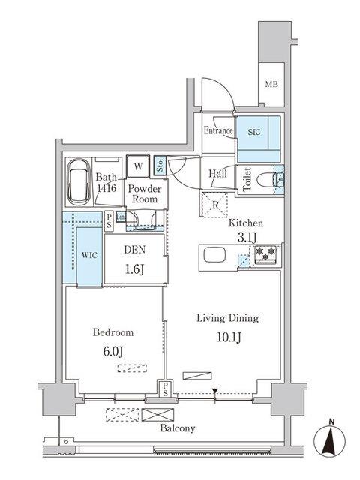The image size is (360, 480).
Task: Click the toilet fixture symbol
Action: click(x=265, y=181)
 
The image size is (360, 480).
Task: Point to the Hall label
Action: click(x=218, y=175)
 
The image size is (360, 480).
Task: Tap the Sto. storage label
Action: click(x=160, y=165)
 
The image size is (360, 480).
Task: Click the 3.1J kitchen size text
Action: click(x=245, y=238)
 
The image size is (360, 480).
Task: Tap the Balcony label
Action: click(x=178, y=429)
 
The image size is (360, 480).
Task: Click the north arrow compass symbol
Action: click(x=329, y=439)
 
